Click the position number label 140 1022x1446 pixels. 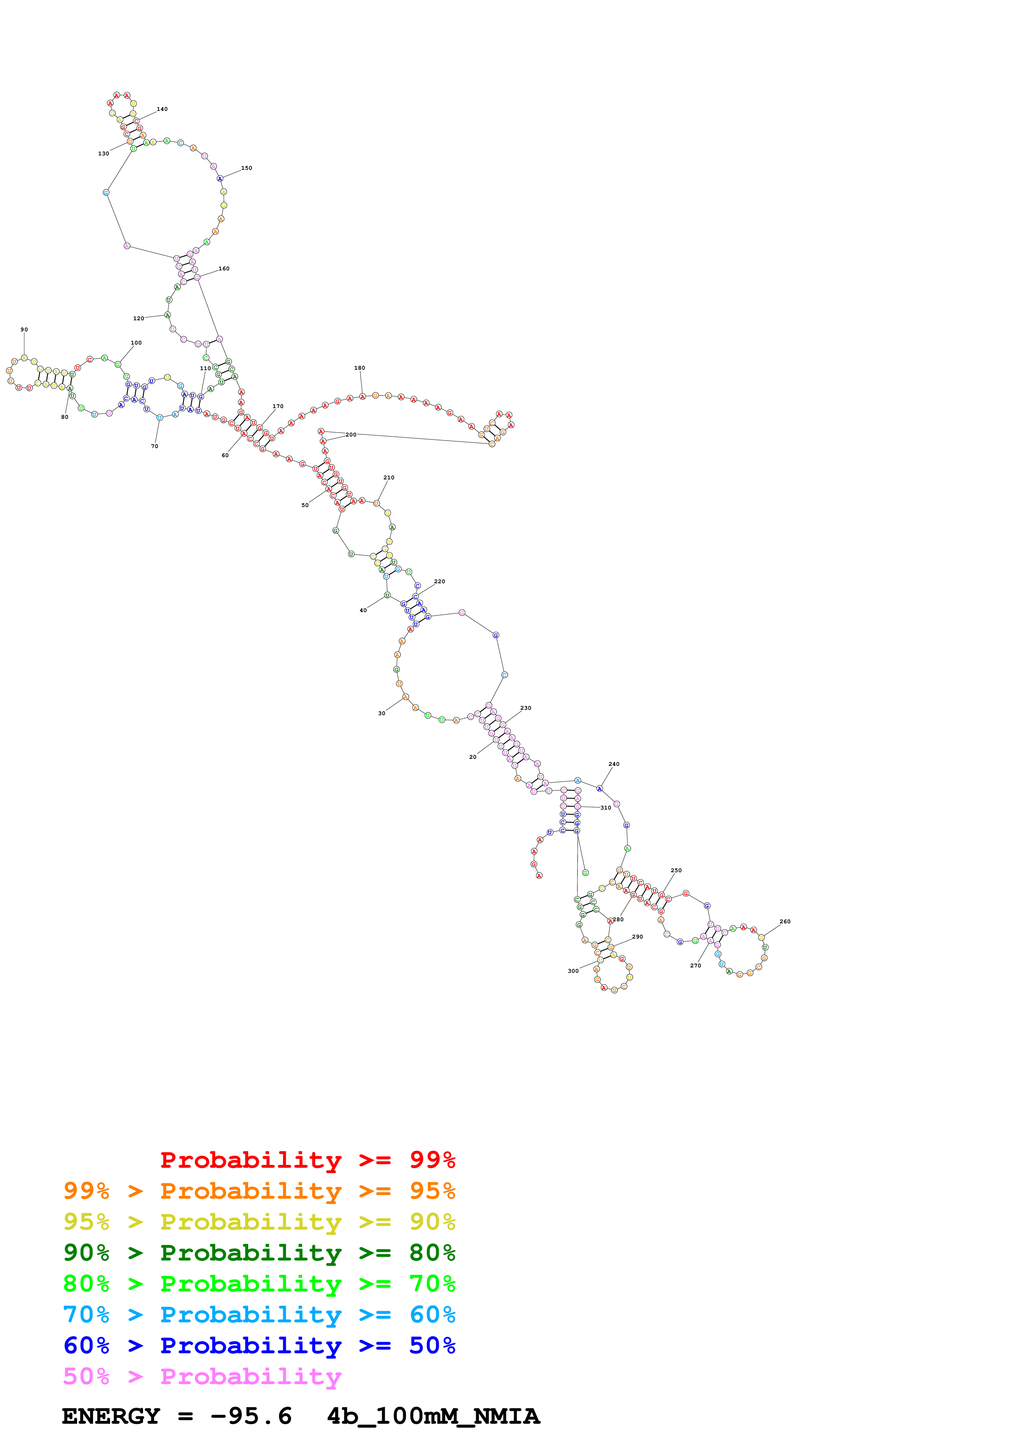click(162, 109)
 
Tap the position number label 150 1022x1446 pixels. click(246, 168)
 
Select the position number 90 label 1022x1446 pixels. click(24, 329)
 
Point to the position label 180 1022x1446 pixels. click(359, 368)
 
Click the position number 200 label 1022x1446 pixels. click(351, 434)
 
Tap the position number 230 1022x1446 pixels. click(525, 708)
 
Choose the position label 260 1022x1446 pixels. click(785, 921)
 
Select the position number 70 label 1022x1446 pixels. click(154, 446)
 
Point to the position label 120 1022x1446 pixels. click(138, 319)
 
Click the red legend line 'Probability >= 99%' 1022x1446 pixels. click(307, 1160)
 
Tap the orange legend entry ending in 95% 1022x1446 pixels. click(259, 1191)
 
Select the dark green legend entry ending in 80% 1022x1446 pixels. click(259, 1253)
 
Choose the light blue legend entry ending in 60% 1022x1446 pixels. click(259, 1315)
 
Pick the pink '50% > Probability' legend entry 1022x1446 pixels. click(202, 1376)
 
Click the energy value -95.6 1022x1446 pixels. click(251, 1416)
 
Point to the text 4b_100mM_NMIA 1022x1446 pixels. click(433, 1416)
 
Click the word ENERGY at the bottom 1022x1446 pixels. click(111, 1416)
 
